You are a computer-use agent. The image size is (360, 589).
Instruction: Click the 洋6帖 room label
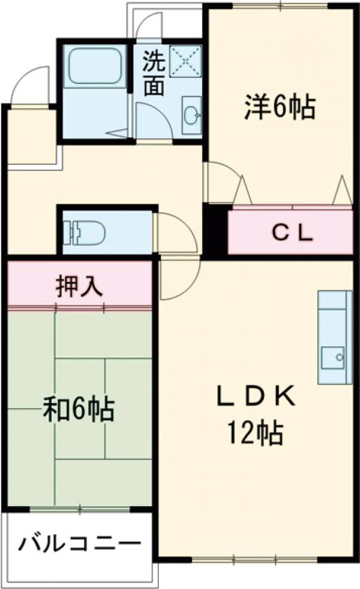pos(280,107)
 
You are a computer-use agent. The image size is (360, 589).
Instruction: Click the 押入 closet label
pos(79,287)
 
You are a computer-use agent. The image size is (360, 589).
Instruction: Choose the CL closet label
pos(293,233)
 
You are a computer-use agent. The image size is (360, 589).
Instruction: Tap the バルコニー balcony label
pos(80,544)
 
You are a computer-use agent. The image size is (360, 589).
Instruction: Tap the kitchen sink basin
pos(333,358)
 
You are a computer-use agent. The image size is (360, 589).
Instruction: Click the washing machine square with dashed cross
pos(185,61)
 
